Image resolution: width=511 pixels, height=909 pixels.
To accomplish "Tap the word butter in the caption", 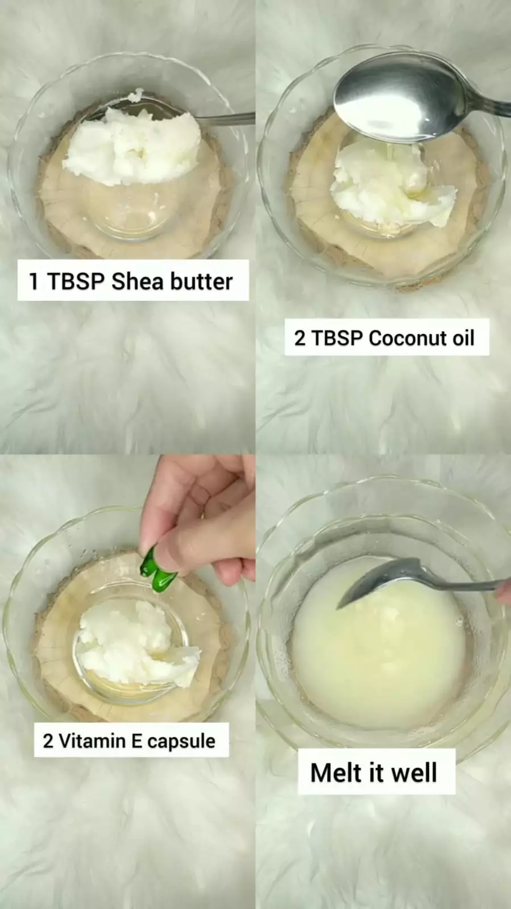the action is [201, 281].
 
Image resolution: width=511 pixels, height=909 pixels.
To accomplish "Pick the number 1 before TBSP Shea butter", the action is [34, 281].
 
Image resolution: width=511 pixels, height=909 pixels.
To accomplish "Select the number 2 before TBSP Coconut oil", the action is [300, 338].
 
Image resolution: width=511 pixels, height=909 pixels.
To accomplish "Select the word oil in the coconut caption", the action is [463, 338].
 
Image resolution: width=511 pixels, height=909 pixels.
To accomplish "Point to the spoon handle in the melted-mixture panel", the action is [460, 584].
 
